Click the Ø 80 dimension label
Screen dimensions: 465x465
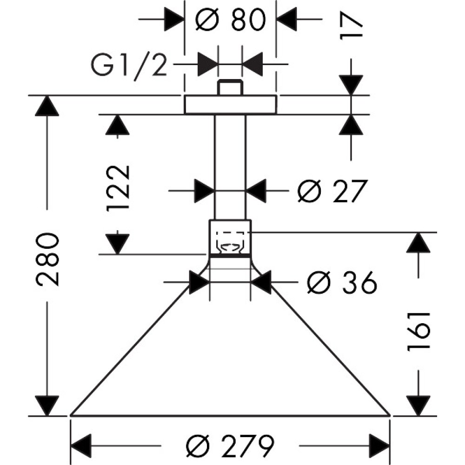(231, 20)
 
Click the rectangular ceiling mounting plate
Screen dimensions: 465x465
(231, 105)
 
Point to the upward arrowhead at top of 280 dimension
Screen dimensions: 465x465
(47, 106)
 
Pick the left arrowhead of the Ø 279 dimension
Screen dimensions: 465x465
(82, 446)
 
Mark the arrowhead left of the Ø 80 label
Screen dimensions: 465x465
(174, 19)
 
